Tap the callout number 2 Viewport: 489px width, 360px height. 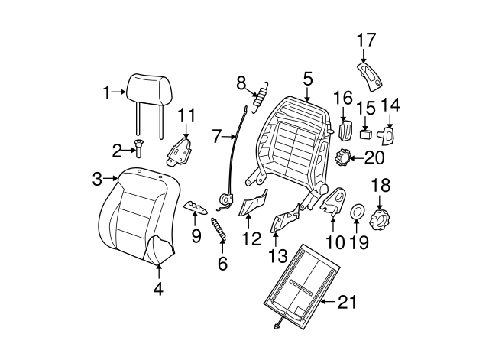pyautogui.click(x=117, y=149)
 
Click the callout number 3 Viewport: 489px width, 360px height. pyautogui.click(x=97, y=179)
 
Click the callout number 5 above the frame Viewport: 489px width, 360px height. pyautogui.click(x=307, y=78)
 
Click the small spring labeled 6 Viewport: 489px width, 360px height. pyautogui.click(x=219, y=229)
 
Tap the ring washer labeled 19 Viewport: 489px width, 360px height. pyautogui.click(x=357, y=211)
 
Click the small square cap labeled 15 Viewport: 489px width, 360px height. pyautogui.click(x=366, y=134)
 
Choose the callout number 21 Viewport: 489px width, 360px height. pyautogui.click(x=347, y=303)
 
